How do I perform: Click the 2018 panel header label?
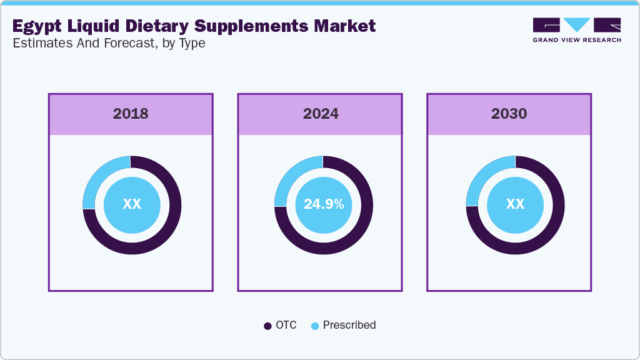point(131,114)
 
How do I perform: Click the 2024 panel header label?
point(321,114)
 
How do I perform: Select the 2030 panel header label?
point(509,114)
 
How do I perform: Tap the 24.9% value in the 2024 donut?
point(323,204)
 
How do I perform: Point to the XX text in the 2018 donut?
point(132,204)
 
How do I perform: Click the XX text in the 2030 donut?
point(515,204)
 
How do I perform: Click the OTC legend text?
point(286,325)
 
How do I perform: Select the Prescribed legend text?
point(349,325)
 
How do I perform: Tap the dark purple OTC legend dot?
point(267,326)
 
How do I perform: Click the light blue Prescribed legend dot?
point(315,326)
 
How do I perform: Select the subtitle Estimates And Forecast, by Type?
point(109,44)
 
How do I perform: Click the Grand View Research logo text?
point(576,40)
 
